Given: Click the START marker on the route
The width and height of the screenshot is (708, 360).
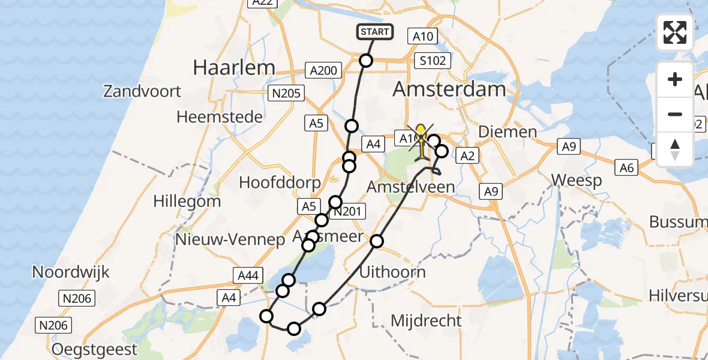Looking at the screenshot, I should click(x=376, y=32).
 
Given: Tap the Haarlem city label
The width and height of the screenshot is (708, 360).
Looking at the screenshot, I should click(x=234, y=68).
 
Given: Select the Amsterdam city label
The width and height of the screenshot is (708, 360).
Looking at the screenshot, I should click(x=449, y=90).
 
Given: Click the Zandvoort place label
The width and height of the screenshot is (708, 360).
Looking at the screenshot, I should click(x=142, y=92).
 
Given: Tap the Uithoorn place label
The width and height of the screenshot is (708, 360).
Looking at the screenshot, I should click(x=392, y=272).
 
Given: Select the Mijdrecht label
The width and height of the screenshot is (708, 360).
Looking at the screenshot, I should click(x=426, y=320).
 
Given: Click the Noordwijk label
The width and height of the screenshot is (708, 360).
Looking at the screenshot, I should click(x=71, y=272).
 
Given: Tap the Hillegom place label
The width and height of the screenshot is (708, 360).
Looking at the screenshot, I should click(x=187, y=201).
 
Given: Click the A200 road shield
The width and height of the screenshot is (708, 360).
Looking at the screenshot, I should click(x=324, y=71).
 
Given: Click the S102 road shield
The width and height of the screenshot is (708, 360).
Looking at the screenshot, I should click(x=433, y=61).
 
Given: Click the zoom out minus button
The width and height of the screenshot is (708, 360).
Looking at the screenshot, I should click(x=675, y=114).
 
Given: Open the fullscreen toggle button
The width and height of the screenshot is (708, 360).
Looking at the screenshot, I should click(x=675, y=32).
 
